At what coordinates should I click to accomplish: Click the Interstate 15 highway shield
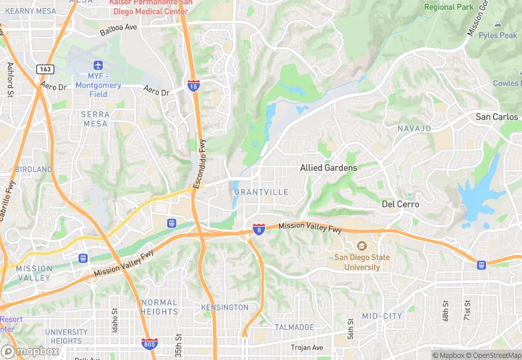194,85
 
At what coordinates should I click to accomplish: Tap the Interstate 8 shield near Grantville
259,228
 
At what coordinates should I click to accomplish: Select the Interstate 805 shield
150,342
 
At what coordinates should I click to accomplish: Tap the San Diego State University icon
361,247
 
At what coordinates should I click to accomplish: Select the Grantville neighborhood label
261,192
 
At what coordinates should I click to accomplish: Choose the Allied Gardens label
328,168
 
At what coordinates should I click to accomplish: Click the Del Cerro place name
400,204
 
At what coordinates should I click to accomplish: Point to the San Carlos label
497,117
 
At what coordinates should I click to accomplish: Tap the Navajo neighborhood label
414,128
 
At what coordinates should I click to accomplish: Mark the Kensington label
225,307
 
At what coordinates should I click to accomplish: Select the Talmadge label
295,327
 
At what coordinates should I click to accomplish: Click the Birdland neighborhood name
33,169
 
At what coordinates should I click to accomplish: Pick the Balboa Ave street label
119,30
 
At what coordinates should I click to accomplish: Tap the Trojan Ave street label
306,348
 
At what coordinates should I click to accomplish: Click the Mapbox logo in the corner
30,351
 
